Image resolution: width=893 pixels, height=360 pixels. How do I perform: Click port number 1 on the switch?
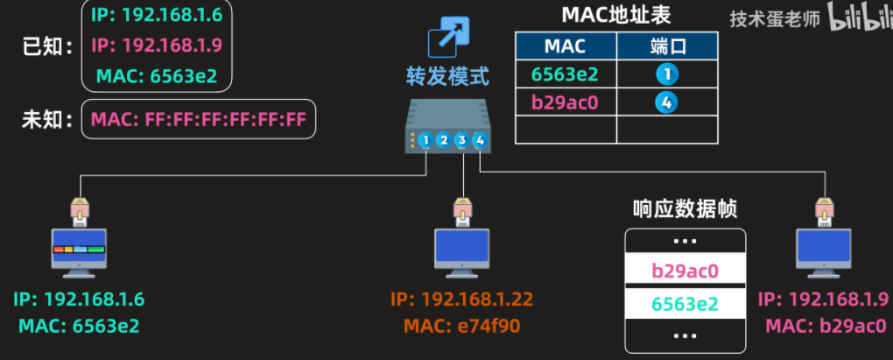pos(425,140)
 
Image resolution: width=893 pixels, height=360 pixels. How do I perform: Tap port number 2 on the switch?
pos(444,140)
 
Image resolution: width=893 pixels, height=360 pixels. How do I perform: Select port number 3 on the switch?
pos(461,140)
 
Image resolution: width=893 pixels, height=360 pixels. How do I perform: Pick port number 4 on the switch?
pos(479,140)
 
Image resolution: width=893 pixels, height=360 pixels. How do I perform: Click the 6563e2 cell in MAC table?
pos(565,74)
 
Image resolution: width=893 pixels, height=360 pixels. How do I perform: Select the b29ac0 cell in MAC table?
pos(565,102)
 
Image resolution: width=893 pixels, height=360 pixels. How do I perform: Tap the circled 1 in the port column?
pos(666,74)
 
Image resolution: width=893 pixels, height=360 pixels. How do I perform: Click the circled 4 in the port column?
pos(666,102)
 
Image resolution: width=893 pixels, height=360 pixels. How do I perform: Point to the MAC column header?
pos(565,46)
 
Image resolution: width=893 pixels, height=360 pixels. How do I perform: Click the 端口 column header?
pos(667,46)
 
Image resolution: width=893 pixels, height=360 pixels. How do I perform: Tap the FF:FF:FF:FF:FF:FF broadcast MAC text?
pos(199,120)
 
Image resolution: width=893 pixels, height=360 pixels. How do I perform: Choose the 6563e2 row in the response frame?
pos(685,304)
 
